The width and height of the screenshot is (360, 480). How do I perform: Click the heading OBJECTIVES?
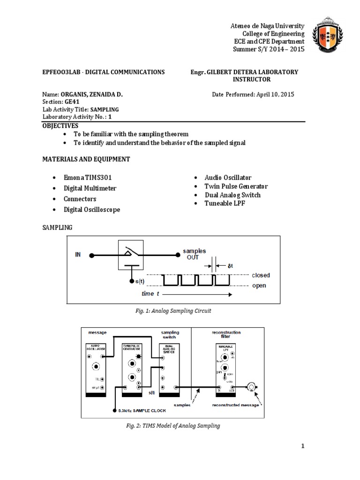click(x=60, y=126)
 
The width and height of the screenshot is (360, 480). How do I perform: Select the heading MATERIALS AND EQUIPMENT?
click(x=86, y=159)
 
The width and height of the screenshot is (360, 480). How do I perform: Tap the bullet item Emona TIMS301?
click(x=88, y=178)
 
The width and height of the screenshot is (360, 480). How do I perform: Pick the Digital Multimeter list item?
click(x=90, y=188)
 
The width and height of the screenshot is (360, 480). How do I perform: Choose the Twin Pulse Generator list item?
click(x=236, y=186)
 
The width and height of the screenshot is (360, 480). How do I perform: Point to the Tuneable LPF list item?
click(x=225, y=203)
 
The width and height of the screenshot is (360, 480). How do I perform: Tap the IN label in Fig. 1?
click(x=78, y=255)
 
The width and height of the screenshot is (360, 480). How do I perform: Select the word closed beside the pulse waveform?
click(x=261, y=275)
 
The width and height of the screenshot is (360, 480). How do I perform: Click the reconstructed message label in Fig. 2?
click(x=235, y=405)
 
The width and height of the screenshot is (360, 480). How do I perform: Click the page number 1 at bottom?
click(x=303, y=446)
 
